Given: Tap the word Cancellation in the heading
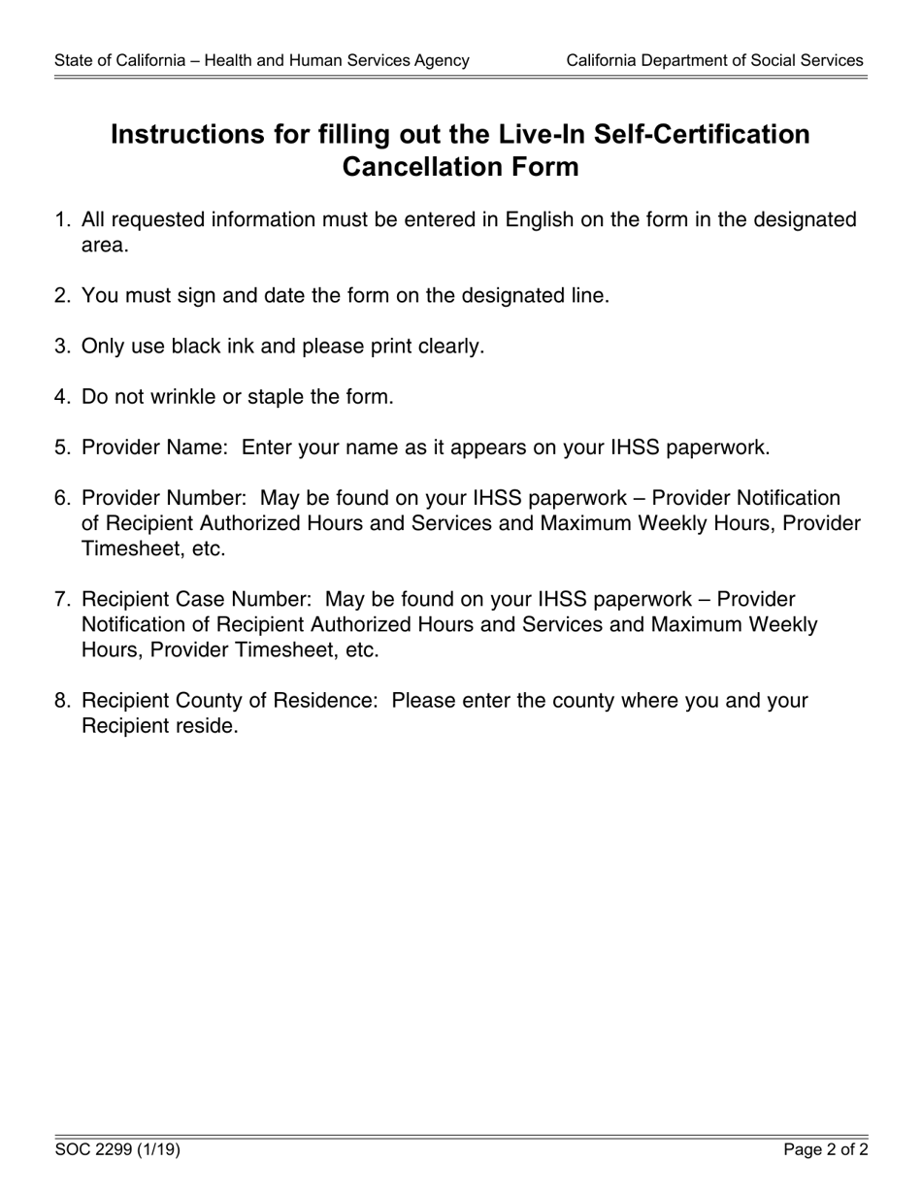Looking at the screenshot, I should [x=412, y=167].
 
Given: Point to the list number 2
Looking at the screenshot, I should [x=62, y=295].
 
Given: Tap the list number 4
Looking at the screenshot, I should [x=62, y=396].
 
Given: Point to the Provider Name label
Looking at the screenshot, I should [x=155, y=448].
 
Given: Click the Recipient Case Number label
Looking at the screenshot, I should [x=196, y=599].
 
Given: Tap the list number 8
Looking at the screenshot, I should [x=62, y=701].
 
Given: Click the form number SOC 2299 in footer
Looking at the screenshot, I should [x=95, y=1150].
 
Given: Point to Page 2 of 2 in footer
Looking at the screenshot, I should [x=826, y=1150].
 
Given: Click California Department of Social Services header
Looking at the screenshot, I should [x=714, y=60].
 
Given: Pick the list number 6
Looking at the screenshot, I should [x=62, y=498].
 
